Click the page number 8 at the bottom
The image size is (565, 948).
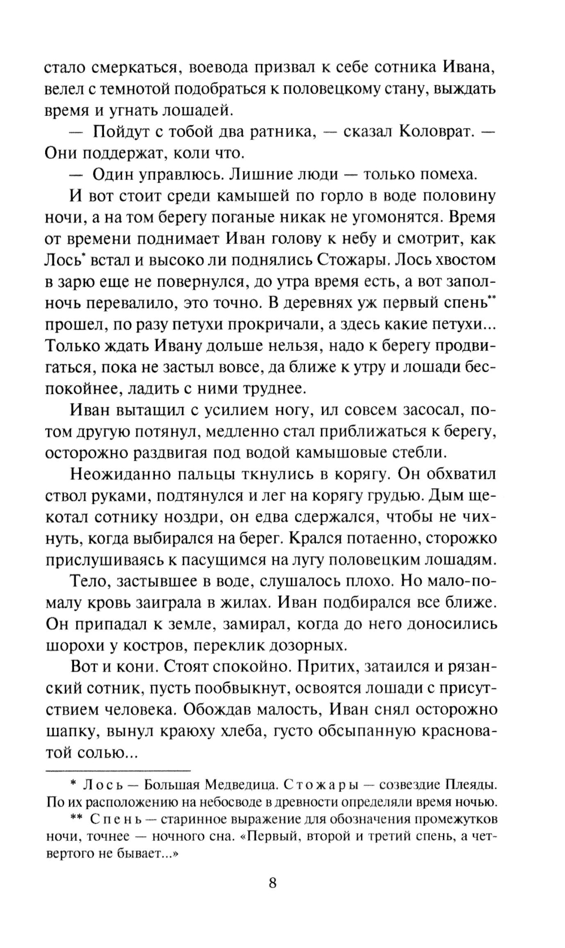tap(272, 883)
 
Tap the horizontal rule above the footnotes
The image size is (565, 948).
tap(118, 770)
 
